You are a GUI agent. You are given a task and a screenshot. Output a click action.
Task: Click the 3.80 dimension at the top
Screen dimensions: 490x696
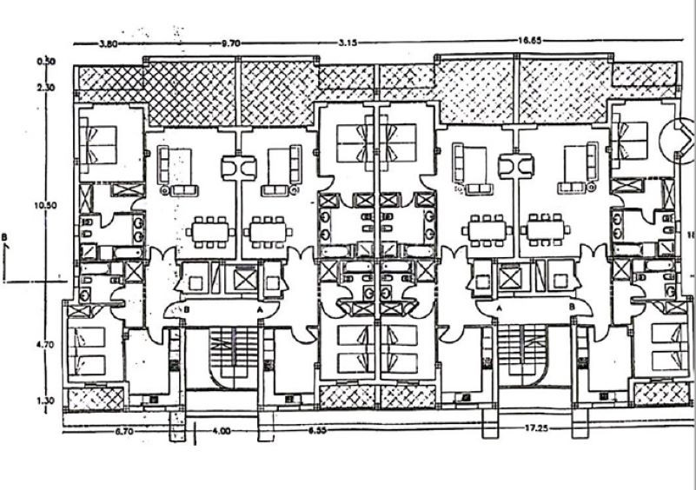click(x=108, y=42)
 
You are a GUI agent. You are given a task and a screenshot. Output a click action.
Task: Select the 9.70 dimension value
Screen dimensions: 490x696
click(x=230, y=42)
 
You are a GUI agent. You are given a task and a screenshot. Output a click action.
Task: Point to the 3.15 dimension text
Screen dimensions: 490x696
click(x=349, y=42)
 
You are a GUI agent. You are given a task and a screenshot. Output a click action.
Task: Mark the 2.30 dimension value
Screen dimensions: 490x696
click(x=45, y=87)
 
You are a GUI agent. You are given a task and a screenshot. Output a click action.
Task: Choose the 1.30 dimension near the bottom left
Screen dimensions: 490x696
click(x=45, y=401)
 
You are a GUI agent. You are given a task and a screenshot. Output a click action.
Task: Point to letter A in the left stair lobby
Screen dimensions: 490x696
click(x=259, y=308)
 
